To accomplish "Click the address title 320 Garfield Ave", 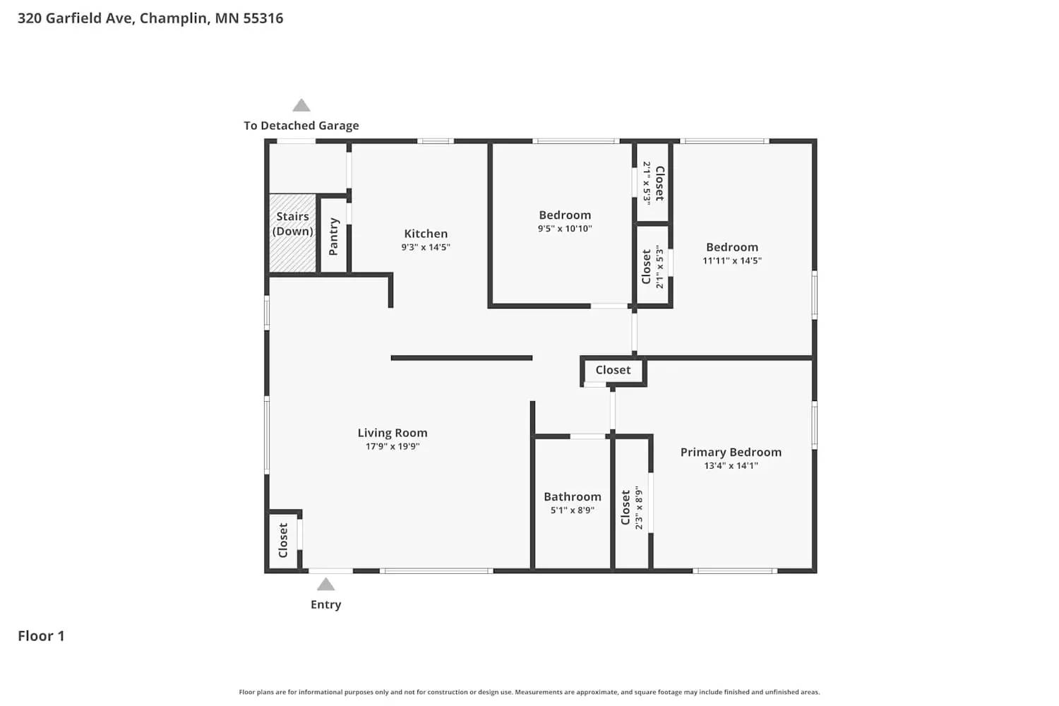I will (x=150, y=18).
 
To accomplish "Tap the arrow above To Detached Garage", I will (x=301, y=106).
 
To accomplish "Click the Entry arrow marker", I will (x=325, y=585).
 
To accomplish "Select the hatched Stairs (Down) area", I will (x=292, y=233).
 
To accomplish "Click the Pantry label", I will (x=334, y=237).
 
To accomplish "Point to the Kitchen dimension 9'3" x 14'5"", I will (x=426, y=247).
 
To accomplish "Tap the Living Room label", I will (x=392, y=433).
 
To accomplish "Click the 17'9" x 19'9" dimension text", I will (x=392, y=446).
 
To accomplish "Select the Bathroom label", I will (x=572, y=496).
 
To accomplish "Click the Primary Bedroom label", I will (x=731, y=452).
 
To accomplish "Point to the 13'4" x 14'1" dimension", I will (x=731, y=465).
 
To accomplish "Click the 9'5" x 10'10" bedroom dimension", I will (x=565, y=229).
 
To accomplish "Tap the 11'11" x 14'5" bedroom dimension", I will (x=732, y=261).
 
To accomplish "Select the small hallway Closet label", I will (x=613, y=370).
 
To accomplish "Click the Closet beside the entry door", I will (x=283, y=540).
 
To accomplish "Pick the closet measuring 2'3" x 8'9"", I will (x=631, y=507).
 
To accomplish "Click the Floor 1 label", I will (x=41, y=636).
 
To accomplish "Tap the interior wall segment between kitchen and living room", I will (x=461, y=358).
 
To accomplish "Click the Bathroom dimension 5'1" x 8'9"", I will (x=572, y=510).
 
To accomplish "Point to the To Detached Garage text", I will (x=301, y=126).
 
